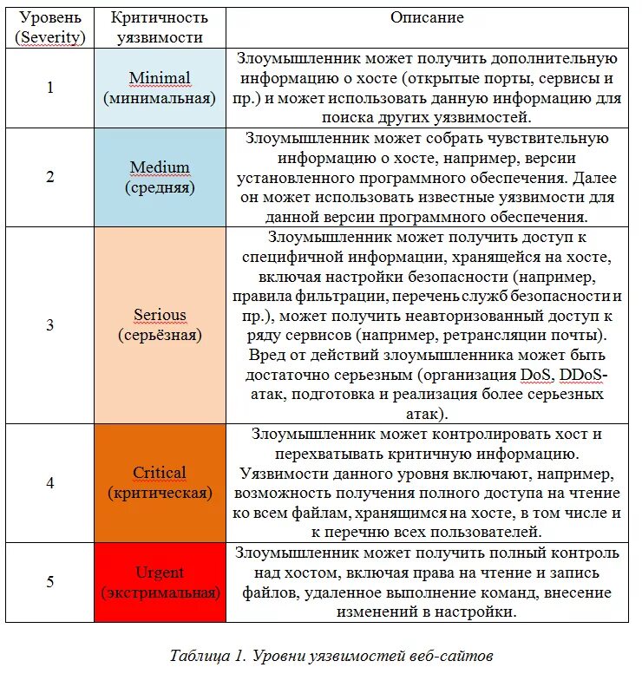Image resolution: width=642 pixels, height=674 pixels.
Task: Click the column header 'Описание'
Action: tap(427, 17)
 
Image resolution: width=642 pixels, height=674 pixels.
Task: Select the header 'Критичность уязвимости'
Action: tap(160, 27)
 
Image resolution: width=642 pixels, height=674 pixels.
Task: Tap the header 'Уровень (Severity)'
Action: tap(50, 27)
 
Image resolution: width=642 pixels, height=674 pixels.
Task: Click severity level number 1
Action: tap(49, 88)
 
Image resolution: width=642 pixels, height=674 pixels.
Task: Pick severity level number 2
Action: tap(49, 177)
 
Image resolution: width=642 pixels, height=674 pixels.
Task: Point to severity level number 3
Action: tap(49, 325)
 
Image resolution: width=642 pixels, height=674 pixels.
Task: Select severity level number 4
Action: tap(49, 483)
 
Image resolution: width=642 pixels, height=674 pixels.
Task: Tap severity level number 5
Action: tap(49, 582)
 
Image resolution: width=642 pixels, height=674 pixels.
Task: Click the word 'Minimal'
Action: tap(160, 78)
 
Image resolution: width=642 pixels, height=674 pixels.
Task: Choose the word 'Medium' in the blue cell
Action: tap(160, 167)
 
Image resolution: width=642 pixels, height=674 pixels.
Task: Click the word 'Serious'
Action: tap(160, 315)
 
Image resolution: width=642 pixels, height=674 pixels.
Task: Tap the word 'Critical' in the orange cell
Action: tap(160, 473)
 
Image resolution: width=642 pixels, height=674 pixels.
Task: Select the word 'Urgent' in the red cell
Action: tap(160, 573)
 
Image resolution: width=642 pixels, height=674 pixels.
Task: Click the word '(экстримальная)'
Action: tap(160, 593)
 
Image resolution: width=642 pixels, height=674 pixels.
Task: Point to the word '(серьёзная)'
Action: tap(160, 335)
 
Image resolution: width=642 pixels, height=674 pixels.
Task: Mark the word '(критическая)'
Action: tap(160, 493)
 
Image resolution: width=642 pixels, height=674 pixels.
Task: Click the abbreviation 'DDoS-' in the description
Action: tap(584, 375)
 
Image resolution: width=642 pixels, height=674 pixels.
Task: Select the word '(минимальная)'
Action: tap(160, 98)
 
